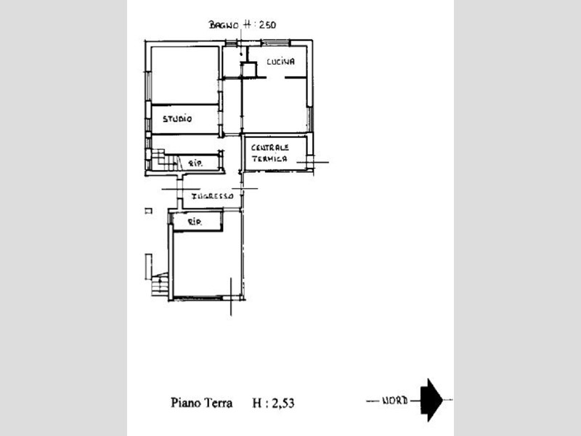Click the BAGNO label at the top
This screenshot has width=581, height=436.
[224, 25]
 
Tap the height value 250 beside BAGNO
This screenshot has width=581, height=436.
[267, 25]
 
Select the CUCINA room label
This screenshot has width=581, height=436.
[280, 62]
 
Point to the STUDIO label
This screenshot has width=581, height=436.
[177, 119]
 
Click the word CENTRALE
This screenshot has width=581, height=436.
[269, 148]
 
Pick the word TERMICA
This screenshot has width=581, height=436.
[269, 158]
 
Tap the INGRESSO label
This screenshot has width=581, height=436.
[212, 196]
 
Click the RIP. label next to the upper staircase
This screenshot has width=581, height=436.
[195, 163]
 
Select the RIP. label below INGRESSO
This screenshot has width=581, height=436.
[195, 222]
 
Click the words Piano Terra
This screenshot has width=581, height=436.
[202, 403]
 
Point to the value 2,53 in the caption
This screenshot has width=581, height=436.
[283, 403]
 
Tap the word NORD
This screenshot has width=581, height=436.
[395, 400]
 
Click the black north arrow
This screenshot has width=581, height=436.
[431, 400]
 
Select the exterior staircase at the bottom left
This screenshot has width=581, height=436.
[160, 284]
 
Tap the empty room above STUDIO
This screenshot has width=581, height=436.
[185, 75]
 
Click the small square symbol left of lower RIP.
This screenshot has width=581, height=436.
[149, 211]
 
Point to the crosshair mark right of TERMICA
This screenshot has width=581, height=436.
[312, 162]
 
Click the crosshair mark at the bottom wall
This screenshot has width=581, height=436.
[231, 296]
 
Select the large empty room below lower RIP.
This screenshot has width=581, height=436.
[207, 264]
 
